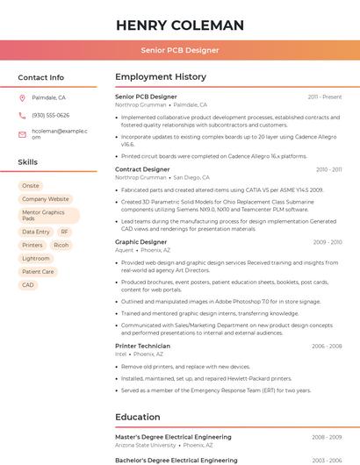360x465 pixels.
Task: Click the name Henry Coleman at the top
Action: point(179,25)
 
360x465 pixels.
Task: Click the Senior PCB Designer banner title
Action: point(179,50)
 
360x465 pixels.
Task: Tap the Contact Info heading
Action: point(41,77)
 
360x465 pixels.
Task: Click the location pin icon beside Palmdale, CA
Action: point(22,98)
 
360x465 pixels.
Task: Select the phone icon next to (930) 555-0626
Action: point(22,116)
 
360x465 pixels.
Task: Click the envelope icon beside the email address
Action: point(22,134)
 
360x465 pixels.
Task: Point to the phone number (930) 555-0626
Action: point(51,116)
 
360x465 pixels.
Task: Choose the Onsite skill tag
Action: point(31,186)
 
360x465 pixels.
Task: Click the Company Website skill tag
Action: point(46,199)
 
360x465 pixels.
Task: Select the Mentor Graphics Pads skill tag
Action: point(44,215)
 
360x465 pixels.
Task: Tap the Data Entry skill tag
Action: point(36,232)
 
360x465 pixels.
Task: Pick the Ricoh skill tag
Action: point(61,245)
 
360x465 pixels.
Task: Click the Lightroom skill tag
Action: point(36,258)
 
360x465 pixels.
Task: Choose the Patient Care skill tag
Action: point(38,271)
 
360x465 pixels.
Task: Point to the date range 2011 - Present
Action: point(325,97)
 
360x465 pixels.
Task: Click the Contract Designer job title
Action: point(142,169)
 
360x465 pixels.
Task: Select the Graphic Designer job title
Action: point(140,241)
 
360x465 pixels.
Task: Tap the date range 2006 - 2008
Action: point(327,346)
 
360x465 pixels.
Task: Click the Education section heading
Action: point(138,417)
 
